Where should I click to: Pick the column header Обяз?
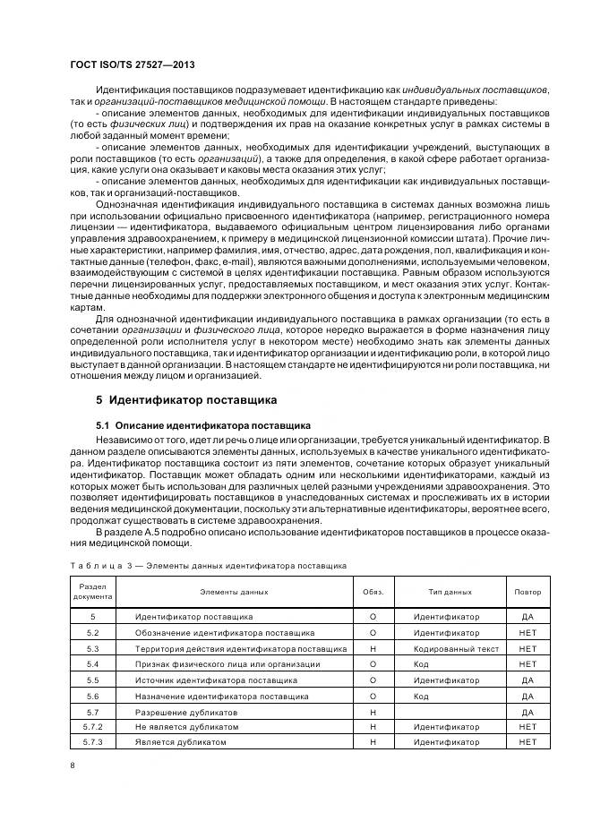point(373,592)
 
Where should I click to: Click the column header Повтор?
point(528,592)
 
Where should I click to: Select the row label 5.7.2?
point(93,726)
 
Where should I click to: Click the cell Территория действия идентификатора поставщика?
point(240,648)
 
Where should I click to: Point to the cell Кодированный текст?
point(451,648)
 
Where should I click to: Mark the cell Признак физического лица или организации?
point(227,663)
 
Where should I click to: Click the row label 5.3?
point(93,648)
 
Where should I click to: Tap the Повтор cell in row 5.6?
point(528,695)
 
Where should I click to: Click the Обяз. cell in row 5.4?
point(373,663)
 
